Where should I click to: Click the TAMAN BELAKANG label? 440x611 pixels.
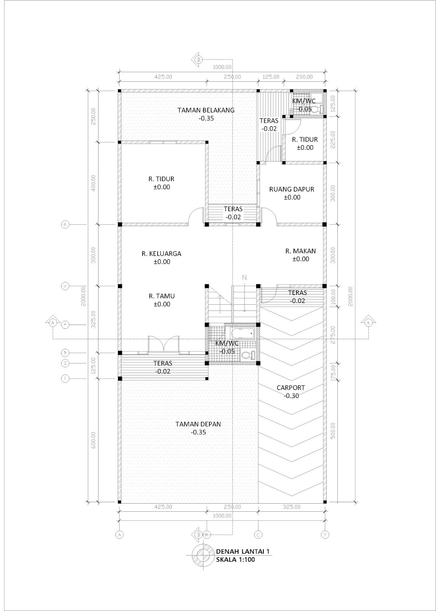pos(206,110)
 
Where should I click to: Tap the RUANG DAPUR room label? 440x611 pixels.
pos(292,189)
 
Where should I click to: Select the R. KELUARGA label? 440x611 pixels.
pos(161,254)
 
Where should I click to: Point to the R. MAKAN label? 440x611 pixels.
pos(300,251)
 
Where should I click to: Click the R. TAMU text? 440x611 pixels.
pos(162,296)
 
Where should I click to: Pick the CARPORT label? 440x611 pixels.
pos(291,388)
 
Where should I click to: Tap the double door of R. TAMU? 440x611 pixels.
pos(163,344)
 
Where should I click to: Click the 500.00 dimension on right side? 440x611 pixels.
pos(333,431)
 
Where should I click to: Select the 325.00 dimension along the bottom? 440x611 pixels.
pos(292,507)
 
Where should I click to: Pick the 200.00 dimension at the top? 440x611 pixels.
pos(304,77)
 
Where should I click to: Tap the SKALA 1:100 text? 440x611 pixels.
pos(235,560)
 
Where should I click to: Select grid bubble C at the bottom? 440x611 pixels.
pos(259,535)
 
